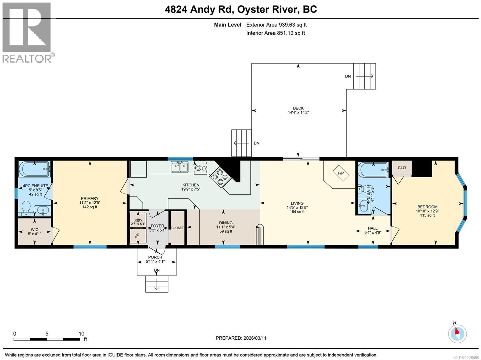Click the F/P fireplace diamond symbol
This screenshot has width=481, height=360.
point(341,173)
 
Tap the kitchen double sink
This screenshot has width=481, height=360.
point(180,167)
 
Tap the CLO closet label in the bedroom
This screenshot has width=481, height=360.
point(402,168)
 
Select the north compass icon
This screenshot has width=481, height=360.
point(457,333)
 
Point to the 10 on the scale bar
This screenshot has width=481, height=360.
point(81,334)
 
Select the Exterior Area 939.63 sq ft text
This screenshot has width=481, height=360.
point(276,25)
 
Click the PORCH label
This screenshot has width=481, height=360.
point(155,257)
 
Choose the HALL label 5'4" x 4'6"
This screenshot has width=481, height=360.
point(372,230)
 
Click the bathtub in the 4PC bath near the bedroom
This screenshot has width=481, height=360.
point(372,170)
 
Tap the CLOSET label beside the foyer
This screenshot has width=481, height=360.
point(177,228)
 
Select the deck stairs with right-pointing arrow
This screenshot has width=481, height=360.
point(364,76)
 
